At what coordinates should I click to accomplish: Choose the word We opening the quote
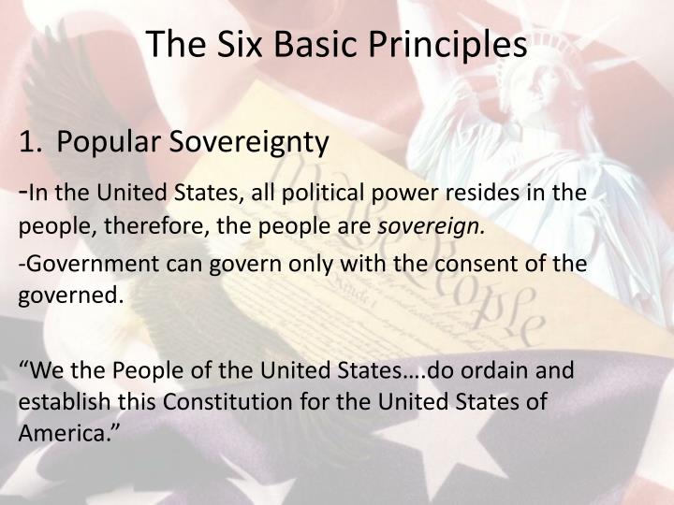tap(37, 368)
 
